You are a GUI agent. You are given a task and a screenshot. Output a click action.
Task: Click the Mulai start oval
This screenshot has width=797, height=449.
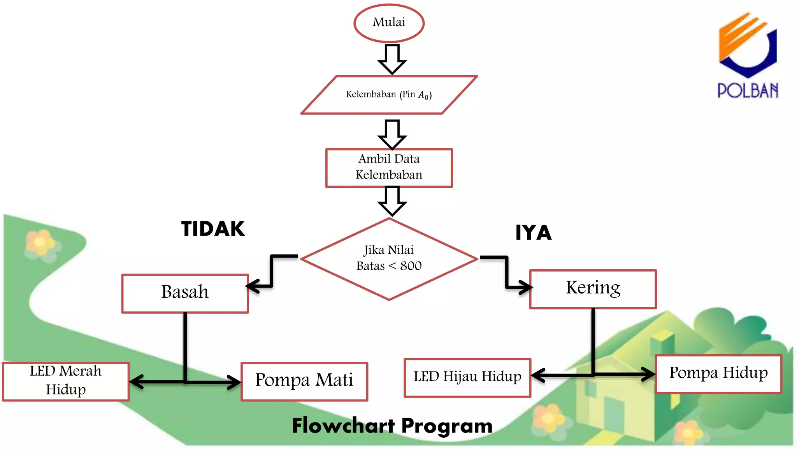pos(389,23)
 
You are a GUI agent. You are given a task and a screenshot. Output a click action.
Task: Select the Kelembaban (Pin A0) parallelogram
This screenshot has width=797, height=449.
pos(389,95)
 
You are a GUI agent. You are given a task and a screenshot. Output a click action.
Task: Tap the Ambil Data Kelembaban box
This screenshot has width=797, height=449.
pos(389,168)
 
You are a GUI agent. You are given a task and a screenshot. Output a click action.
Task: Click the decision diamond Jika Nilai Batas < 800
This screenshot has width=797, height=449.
pos(389,258)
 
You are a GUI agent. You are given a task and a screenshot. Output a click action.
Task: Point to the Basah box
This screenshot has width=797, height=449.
pos(185,293)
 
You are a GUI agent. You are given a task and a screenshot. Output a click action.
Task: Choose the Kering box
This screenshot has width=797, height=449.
pos(593,289)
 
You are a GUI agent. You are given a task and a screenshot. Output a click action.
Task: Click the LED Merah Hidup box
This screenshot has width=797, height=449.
pos(66,381)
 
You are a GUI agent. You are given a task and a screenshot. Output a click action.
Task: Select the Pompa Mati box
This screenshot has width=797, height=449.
pos(304,381)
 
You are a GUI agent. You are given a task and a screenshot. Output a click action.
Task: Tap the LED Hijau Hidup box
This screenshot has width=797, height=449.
pos(467,377)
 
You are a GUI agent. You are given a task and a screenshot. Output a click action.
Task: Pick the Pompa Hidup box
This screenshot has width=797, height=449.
pos(718,373)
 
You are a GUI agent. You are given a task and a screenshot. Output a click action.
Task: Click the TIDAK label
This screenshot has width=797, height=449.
pos(213,229)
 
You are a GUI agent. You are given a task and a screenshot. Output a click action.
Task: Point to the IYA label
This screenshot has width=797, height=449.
pos(533,233)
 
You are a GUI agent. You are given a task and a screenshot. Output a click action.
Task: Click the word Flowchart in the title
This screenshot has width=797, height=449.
pos(343,425)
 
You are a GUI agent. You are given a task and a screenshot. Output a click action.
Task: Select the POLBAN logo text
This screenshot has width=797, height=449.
pos(748,90)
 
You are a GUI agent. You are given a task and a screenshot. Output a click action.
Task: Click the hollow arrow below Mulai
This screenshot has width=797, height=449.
pos(392,59)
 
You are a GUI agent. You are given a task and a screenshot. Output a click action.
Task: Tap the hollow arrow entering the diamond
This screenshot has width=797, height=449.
pos(392,201)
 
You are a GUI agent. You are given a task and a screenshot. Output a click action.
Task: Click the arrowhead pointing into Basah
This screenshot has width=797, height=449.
pos(253,286)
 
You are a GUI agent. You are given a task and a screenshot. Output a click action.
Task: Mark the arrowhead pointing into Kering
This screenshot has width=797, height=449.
pos(526,288)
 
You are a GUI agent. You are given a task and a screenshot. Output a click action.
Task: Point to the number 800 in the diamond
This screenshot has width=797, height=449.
pos(411,266)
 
